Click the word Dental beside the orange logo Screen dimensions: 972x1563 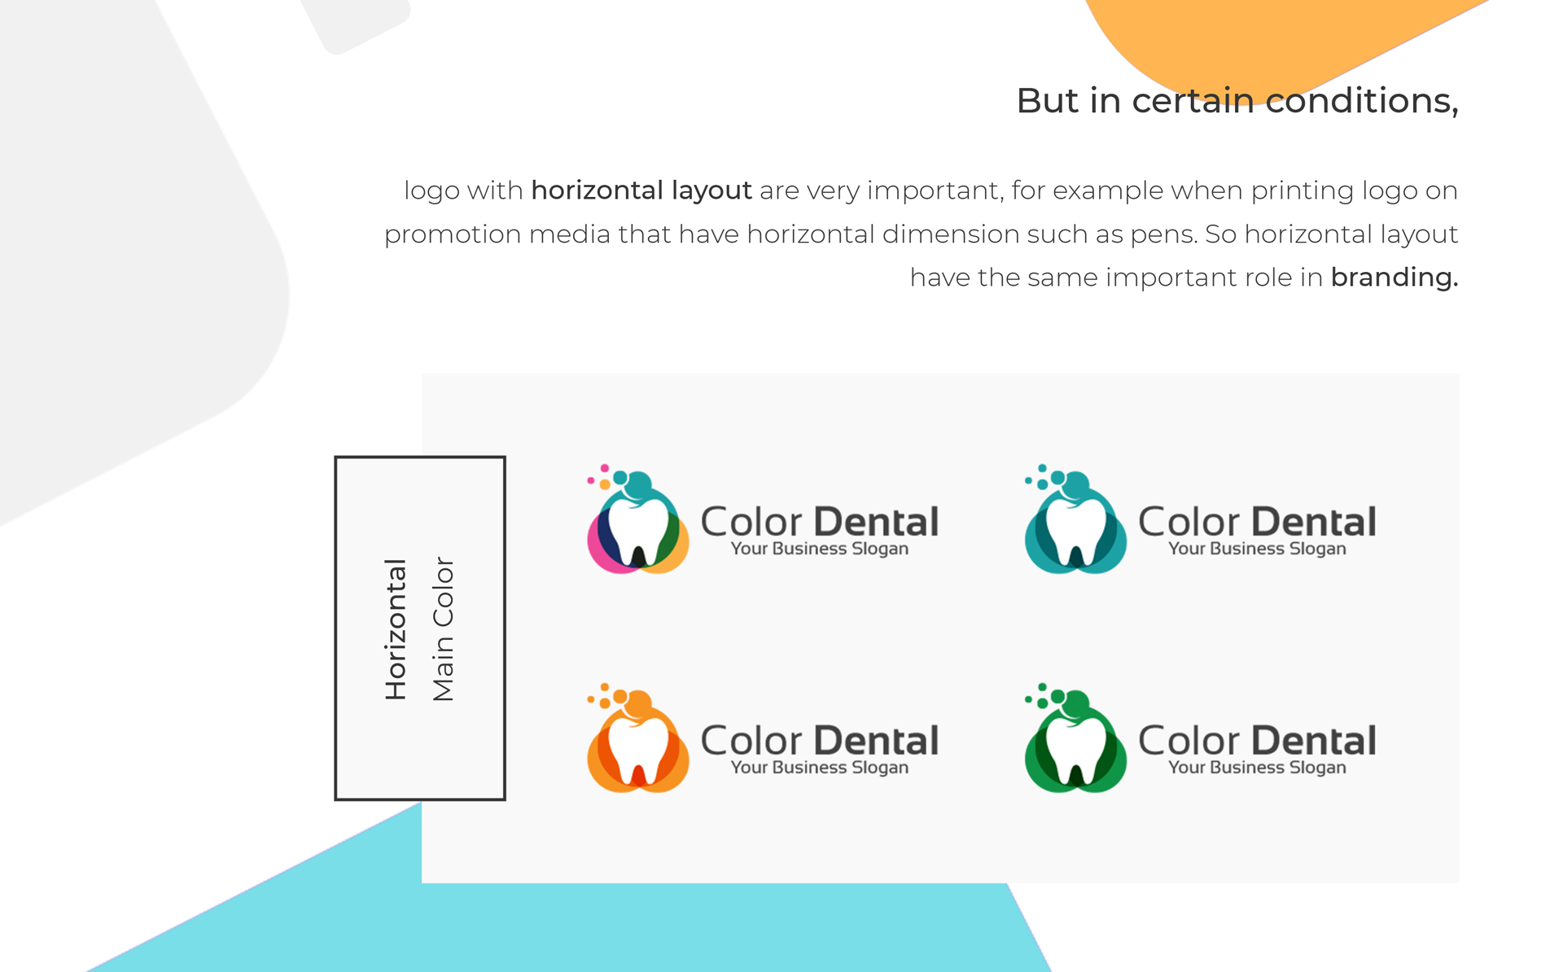[x=876, y=741]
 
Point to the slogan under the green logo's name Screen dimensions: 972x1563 [x=1257, y=768]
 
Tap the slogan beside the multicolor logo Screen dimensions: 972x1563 [x=819, y=549]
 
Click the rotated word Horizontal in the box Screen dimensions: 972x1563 [x=396, y=628]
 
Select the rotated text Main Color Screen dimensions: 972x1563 [x=443, y=628]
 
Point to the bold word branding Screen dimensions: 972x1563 [x=1394, y=278]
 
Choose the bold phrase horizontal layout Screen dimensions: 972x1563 [x=641, y=190]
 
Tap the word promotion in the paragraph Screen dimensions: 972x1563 [x=452, y=235]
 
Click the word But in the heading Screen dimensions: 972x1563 [x=1049, y=101]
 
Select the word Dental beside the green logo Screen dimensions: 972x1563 [x=1314, y=741]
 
